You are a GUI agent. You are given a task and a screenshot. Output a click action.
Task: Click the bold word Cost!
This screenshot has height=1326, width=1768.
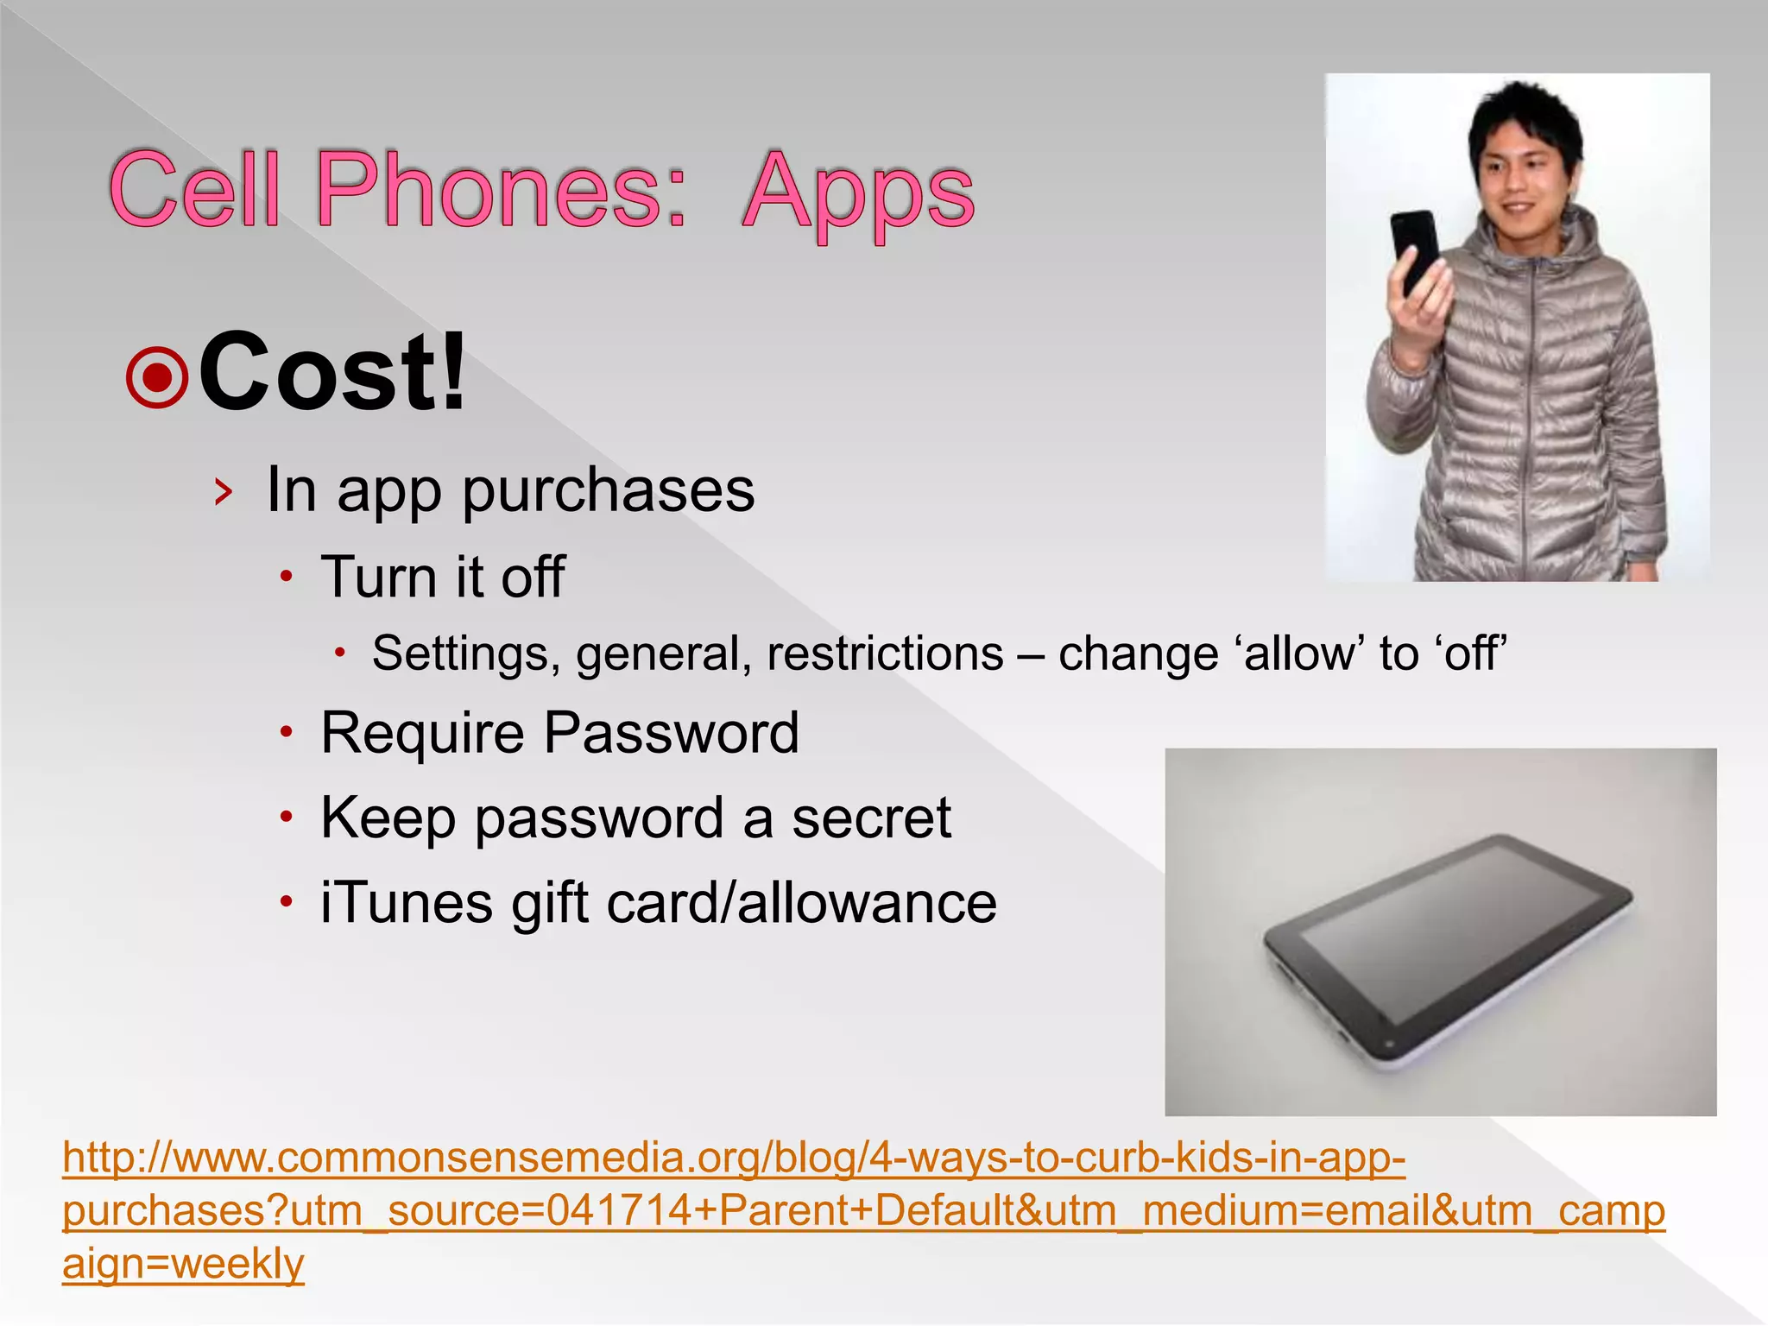tap(333, 373)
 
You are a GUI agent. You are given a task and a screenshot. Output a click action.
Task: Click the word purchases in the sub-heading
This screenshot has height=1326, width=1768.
tap(609, 490)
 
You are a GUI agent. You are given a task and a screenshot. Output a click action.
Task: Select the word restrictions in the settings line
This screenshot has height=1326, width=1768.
tap(885, 654)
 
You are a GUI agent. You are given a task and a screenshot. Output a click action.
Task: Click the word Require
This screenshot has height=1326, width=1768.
tap(422, 734)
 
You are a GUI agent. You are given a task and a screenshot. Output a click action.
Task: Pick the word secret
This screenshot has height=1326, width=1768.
tap(871, 818)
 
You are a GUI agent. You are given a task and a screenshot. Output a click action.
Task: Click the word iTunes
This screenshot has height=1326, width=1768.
tap(407, 904)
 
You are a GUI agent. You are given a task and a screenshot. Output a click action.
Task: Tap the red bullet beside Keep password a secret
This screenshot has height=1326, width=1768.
tap(287, 817)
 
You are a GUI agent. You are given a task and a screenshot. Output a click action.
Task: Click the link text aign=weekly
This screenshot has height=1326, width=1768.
tap(183, 1264)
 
